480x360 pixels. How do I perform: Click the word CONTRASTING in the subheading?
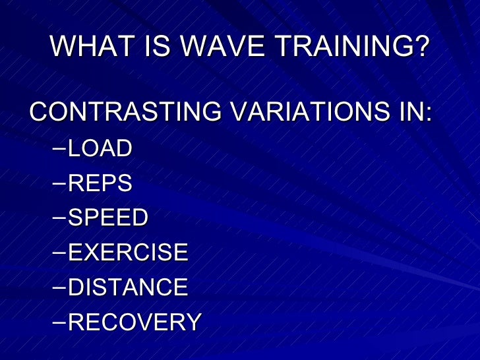(125, 112)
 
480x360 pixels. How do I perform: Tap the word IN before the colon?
(407, 112)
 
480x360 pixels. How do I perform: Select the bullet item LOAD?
(100, 148)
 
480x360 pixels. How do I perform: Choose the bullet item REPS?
(100, 183)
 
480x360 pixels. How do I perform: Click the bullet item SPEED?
(108, 218)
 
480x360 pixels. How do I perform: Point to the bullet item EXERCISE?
(128, 253)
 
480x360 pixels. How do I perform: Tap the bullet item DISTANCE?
(128, 287)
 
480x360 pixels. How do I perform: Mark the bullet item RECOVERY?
(135, 322)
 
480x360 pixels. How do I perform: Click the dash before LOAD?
(59, 148)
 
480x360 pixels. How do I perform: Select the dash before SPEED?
(59, 218)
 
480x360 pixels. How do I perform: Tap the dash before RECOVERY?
(59, 322)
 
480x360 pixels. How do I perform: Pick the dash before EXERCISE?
(59, 253)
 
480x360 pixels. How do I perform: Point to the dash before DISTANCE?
(59, 287)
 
